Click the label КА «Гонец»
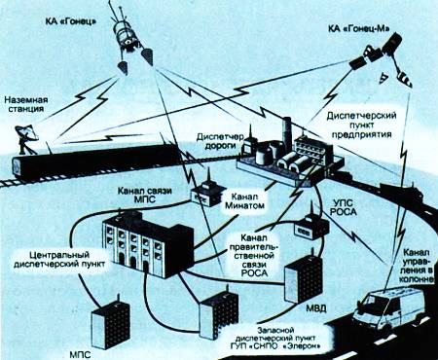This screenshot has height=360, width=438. [71, 22]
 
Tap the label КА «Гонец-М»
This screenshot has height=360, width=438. [358, 28]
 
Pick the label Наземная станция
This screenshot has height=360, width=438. [26, 104]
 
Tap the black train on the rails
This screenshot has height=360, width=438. [95, 162]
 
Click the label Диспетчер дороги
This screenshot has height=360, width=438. [220, 141]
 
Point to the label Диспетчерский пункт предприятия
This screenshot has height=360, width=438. [361, 125]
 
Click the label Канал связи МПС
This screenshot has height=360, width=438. [145, 195]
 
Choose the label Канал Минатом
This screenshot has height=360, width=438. [244, 201]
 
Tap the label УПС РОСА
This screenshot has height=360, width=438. [345, 207]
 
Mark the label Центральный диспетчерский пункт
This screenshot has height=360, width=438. [59, 260]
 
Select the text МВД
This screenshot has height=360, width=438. [316, 308]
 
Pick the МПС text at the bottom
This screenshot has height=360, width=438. [80, 354]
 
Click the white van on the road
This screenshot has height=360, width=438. [389, 309]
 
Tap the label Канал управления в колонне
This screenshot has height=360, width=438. [419, 266]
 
